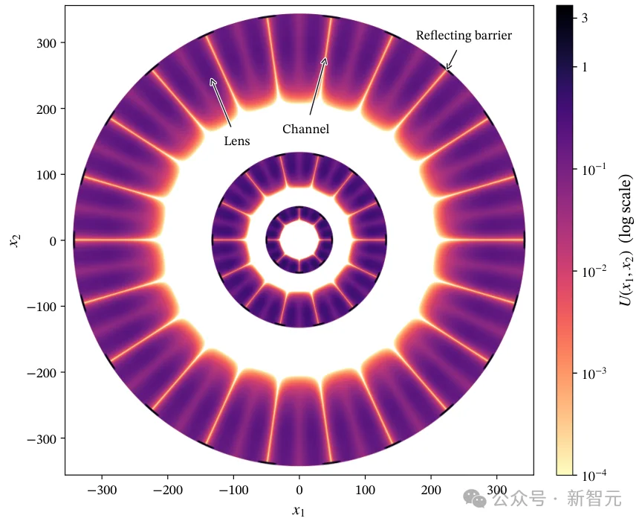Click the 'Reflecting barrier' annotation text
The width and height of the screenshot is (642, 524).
(464, 36)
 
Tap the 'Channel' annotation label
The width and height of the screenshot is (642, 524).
(305, 130)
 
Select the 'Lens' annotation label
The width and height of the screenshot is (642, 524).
(236, 141)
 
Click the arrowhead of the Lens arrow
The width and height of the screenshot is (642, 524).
(212, 81)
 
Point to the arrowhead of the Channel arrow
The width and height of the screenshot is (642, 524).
(325, 60)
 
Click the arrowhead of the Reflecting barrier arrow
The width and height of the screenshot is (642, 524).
(448, 68)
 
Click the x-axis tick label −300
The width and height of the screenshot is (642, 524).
(102, 490)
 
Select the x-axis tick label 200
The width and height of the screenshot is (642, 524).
(431, 490)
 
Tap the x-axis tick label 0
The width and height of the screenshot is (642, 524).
(299, 490)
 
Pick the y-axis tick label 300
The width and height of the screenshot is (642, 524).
(46, 43)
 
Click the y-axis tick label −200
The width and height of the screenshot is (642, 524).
(42, 373)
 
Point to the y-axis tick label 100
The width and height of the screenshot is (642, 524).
(46, 175)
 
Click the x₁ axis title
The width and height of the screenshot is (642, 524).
(299, 511)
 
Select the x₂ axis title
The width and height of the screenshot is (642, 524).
(15, 240)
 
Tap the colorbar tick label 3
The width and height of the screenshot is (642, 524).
(585, 18)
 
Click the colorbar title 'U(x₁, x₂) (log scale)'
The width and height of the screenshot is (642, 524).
(626, 240)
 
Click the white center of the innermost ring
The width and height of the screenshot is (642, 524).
(299, 240)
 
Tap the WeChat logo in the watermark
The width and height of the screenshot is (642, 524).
(475, 498)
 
